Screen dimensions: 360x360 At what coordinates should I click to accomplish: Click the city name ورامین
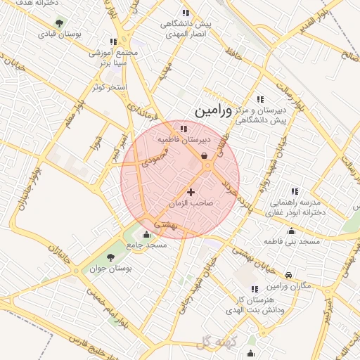[210, 111]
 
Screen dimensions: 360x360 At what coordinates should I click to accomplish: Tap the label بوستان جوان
[112, 269]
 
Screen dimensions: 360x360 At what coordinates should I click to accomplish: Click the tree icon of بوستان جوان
[110, 257]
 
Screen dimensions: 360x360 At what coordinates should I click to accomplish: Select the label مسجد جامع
[146, 245]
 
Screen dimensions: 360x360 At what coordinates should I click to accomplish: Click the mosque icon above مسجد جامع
[146, 234]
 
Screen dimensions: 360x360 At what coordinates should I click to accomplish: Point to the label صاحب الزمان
[191, 203]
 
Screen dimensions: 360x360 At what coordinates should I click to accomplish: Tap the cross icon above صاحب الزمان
[191, 191]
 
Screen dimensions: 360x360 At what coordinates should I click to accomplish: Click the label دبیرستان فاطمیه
[184, 140]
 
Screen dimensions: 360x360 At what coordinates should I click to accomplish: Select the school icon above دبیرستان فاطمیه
[184, 128]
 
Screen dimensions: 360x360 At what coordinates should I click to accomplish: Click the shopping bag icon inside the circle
[205, 156]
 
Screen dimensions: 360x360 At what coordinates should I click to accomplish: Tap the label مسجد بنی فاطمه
[291, 241]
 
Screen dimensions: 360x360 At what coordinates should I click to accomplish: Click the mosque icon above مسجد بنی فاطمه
[291, 231]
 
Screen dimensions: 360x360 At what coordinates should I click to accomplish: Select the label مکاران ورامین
[288, 288]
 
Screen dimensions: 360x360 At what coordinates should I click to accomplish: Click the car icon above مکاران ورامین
[290, 276]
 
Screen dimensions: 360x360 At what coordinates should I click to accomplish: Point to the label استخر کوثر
[110, 87]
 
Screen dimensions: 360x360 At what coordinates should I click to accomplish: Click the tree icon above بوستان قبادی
[58, 22]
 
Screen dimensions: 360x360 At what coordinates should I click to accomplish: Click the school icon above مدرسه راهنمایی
[295, 191]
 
